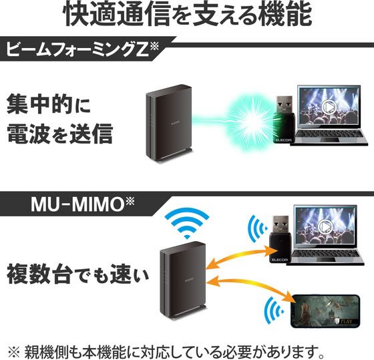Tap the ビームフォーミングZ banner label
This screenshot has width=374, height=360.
click(82, 49)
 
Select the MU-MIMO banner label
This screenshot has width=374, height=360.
click(83, 204)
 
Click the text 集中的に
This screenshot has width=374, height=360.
click(49, 104)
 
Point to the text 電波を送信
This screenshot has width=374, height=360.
click(60, 133)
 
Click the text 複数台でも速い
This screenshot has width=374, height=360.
click(77, 274)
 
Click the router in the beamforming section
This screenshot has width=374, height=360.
click(169, 124)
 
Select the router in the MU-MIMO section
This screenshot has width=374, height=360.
click(183, 281)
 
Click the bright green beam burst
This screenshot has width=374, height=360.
click(250, 122)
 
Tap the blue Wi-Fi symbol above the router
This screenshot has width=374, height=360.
click(187, 224)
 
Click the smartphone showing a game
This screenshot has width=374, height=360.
click(326, 311)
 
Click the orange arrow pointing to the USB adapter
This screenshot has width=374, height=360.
click(242, 257)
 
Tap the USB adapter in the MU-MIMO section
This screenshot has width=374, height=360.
click(280, 238)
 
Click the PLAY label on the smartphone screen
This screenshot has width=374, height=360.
click(346, 321)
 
